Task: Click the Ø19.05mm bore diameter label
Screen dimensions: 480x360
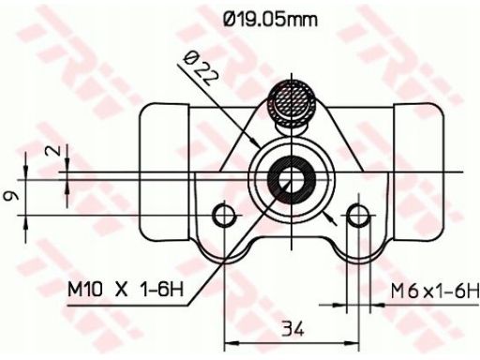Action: click(271, 19)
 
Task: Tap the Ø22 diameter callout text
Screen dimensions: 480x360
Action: click(201, 69)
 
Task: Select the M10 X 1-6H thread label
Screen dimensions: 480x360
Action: click(126, 289)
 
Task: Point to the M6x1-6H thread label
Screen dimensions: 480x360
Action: click(435, 292)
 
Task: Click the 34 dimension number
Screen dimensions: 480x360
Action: click(292, 328)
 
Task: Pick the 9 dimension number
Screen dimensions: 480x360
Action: click(10, 196)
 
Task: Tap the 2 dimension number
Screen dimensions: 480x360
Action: click(53, 151)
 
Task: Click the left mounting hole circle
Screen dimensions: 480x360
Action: click(224, 216)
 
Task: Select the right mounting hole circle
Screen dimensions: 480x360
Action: click(359, 216)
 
